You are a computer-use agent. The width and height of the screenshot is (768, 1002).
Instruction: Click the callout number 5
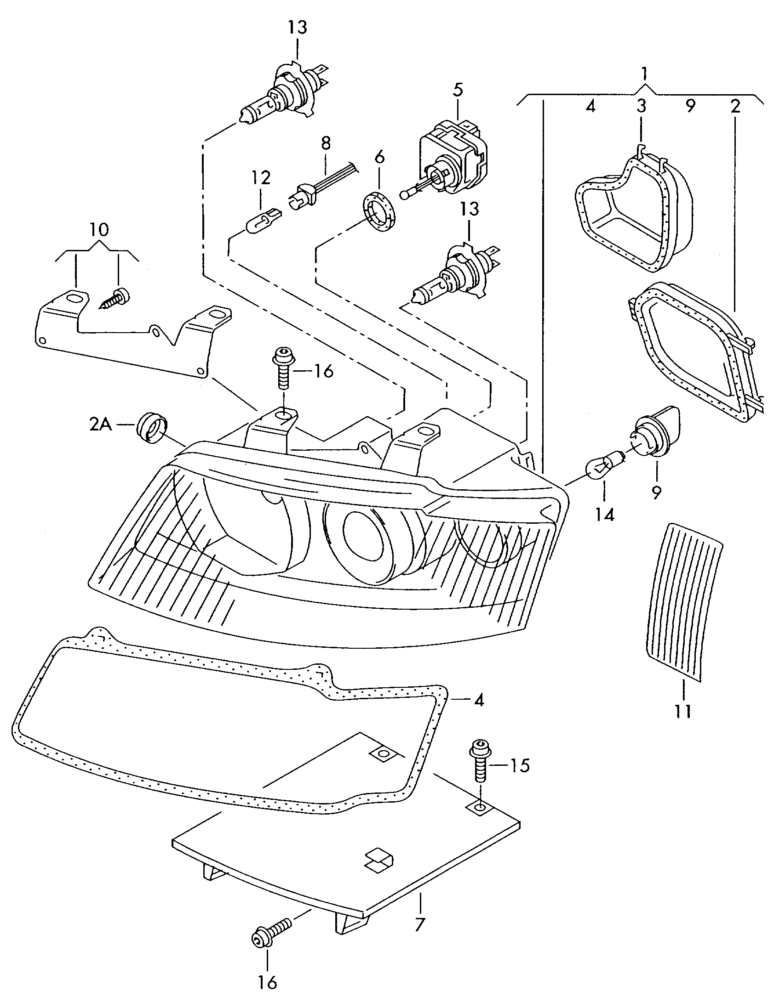pyautogui.click(x=457, y=91)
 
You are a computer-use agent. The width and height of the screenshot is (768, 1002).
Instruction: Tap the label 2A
pyautogui.click(x=101, y=425)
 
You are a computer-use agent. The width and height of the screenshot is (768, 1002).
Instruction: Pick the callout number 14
pyautogui.click(x=605, y=515)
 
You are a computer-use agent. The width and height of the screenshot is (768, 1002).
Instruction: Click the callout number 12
pyautogui.click(x=260, y=178)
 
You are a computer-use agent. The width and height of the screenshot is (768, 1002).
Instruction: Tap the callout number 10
pyautogui.click(x=100, y=229)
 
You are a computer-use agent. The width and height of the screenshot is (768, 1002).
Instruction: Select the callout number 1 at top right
pyautogui.click(x=645, y=73)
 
